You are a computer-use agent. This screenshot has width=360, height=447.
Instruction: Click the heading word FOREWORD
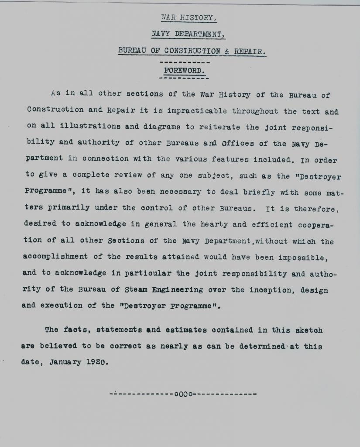point(183,70)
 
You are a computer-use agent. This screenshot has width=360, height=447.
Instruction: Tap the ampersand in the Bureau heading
point(227,51)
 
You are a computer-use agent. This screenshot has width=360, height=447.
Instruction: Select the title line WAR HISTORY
point(188,18)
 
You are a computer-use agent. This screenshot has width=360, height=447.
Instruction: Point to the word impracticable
point(199,111)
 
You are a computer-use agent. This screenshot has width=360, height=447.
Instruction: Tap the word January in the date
point(65,362)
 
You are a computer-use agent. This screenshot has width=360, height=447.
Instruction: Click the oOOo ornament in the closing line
point(183,394)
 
